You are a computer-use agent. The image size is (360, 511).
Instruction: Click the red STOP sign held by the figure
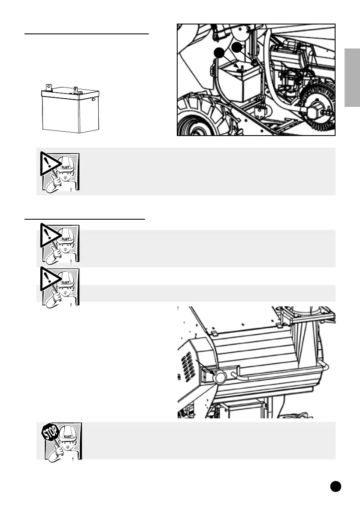pyautogui.click(x=50, y=432)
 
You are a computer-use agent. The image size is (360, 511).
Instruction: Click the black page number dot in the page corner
pyautogui.click(x=336, y=486)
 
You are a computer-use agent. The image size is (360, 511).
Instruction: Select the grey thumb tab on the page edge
pyautogui.click(x=352, y=78)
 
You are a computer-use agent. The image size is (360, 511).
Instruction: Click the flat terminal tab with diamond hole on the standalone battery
pyautogui.click(x=48, y=88)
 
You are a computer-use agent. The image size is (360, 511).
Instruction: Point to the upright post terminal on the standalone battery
pyautogui.click(x=76, y=88)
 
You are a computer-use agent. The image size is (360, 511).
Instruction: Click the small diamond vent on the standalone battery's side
pyautogui.click(x=94, y=100)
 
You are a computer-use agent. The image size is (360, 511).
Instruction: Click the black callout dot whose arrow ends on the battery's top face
pyautogui.click(x=219, y=53)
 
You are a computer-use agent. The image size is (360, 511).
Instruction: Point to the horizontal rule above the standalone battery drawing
pyautogui.click(x=87, y=33)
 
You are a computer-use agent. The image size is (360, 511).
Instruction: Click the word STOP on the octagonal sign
pyautogui.click(x=50, y=432)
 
